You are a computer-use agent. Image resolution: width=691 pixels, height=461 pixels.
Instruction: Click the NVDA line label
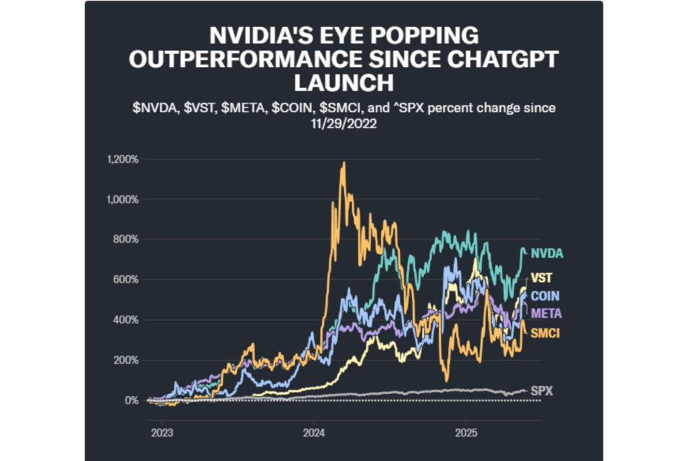(547, 253)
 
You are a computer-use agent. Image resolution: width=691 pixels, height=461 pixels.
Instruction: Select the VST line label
(540, 278)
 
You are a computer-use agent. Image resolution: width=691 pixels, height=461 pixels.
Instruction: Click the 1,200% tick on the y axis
(123, 160)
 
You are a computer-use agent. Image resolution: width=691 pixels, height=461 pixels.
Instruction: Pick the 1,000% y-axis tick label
(123, 199)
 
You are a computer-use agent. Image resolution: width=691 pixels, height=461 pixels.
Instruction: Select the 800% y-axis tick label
(127, 239)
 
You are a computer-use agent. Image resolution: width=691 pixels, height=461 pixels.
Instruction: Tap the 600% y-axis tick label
(127, 280)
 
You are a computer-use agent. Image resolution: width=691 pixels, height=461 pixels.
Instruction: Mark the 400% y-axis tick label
(127, 320)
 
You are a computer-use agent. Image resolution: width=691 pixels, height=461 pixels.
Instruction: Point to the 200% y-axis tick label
(127, 360)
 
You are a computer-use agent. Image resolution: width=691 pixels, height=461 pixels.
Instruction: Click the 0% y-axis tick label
(132, 400)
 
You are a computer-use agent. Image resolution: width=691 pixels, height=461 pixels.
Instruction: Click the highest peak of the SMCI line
(343, 163)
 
